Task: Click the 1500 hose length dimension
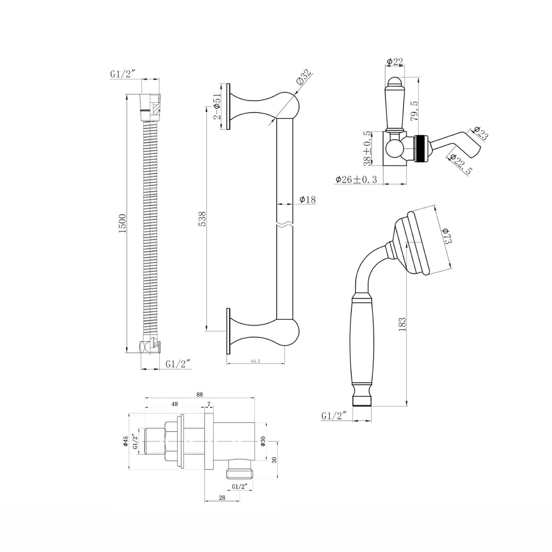(122, 223)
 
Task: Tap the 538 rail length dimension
(202, 219)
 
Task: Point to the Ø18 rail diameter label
(308, 199)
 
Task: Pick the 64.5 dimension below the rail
(256, 361)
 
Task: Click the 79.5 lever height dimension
(415, 110)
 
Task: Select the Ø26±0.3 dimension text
(356, 180)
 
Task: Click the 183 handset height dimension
(403, 324)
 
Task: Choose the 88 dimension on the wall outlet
(200, 395)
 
